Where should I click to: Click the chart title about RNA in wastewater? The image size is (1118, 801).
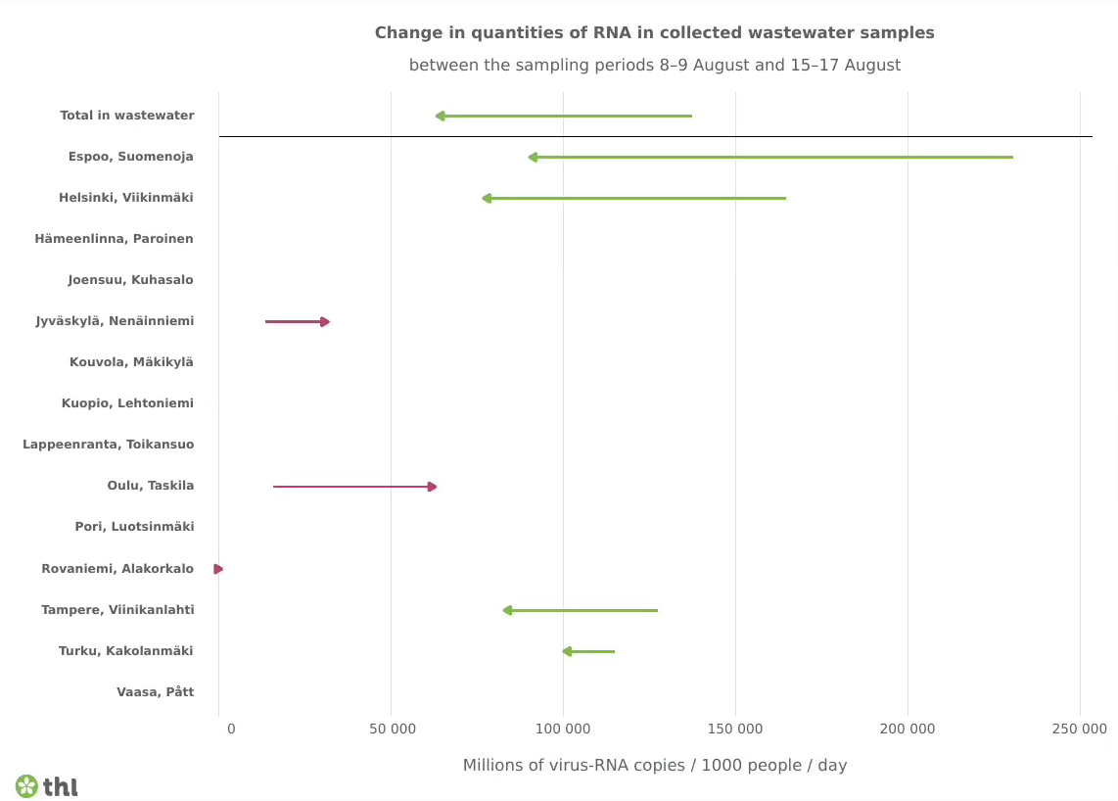click(654, 33)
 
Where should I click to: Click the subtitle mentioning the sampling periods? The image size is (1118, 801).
click(654, 66)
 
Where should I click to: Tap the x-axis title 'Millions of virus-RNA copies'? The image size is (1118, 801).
click(654, 766)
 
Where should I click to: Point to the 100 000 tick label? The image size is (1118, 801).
click(563, 730)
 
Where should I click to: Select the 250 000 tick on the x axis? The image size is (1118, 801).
click(1079, 730)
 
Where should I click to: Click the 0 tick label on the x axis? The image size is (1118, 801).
click(231, 730)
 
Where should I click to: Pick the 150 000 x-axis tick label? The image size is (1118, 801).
click(735, 730)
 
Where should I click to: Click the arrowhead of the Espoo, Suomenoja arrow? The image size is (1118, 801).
click(533, 158)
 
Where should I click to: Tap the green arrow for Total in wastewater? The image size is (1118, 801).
click(563, 117)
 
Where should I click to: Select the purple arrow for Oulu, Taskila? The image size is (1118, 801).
click(354, 487)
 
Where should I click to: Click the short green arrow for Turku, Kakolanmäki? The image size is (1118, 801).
click(588, 651)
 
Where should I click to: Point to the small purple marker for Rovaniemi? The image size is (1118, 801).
click(218, 569)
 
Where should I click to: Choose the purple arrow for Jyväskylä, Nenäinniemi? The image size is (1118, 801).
click(297, 322)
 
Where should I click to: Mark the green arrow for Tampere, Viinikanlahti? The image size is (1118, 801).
click(580, 610)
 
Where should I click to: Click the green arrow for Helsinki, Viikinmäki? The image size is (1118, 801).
click(633, 199)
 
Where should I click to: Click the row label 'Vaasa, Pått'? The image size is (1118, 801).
click(155, 692)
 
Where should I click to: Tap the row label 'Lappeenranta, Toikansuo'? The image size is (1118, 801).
click(108, 445)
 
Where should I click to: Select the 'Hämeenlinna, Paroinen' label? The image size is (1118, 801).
click(114, 239)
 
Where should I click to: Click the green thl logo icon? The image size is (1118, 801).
click(26, 786)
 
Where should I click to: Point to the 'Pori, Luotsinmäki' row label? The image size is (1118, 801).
click(134, 527)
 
